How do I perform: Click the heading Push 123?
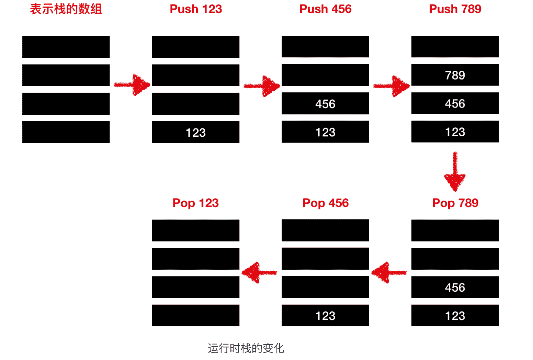click(x=196, y=9)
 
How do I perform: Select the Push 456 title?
click(x=325, y=9)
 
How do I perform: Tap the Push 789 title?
click(x=455, y=9)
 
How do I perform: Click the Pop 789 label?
click(x=455, y=203)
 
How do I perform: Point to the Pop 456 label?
click(x=325, y=203)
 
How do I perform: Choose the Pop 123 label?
click(x=195, y=203)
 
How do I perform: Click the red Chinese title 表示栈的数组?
click(x=66, y=9)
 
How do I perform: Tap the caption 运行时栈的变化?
click(x=246, y=348)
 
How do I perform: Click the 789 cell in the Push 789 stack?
click(x=455, y=75)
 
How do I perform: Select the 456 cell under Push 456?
click(x=325, y=103)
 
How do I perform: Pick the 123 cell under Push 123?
click(x=196, y=132)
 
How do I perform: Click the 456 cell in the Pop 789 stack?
click(x=455, y=287)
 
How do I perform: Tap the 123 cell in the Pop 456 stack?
click(x=325, y=315)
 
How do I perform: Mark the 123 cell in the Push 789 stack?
click(x=455, y=132)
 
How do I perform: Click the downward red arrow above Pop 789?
click(x=455, y=172)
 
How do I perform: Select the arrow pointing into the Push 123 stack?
click(x=132, y=85)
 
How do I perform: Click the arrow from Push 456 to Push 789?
click(x=392, y=86)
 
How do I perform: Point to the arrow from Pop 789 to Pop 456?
click(x=389, y=273)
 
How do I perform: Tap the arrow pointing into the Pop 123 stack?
click(x=259, y=273)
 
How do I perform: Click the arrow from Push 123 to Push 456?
click(x=262, y=86)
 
